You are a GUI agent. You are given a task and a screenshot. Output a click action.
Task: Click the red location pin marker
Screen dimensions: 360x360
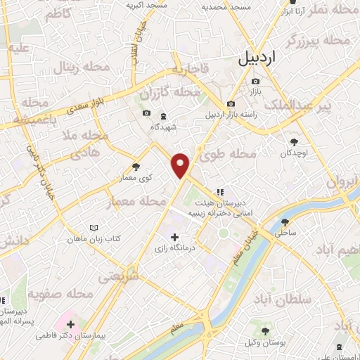[181, 165]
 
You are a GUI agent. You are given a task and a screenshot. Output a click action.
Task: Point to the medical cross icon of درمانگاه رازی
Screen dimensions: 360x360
[175, 237]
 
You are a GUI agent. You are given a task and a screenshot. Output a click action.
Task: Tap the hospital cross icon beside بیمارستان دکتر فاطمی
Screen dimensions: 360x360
[70, 324]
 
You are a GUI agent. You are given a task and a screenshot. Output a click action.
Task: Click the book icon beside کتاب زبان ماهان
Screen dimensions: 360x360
[94, 229]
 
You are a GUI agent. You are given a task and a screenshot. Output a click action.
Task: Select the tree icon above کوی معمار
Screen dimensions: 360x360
[136, 167]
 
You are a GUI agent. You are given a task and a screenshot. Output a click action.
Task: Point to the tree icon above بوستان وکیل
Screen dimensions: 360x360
[264, 330]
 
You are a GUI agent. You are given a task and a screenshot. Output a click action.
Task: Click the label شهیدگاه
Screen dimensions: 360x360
[163, 127]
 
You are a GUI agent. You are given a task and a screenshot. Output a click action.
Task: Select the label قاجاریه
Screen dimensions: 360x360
[188, 70]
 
